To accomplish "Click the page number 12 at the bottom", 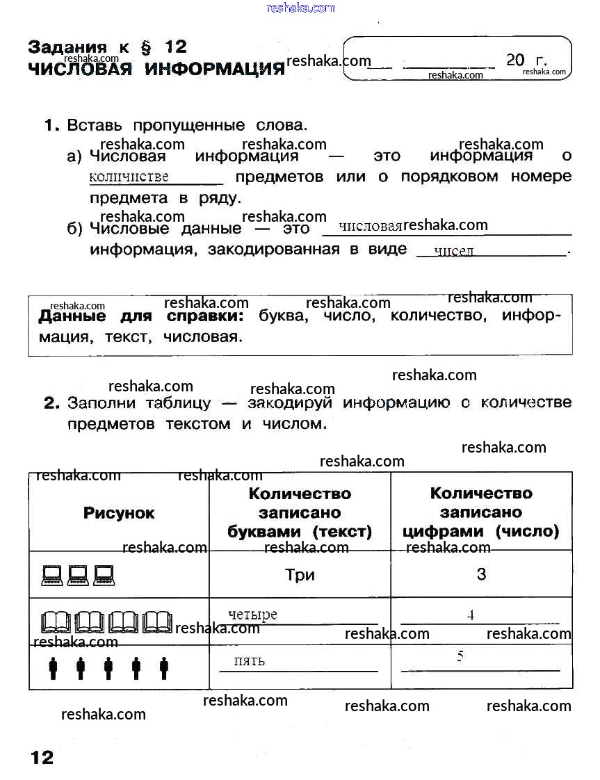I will (42, 757).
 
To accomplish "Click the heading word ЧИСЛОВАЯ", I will (80, 70).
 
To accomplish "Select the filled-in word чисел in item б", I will (453, 251).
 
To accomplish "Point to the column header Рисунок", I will (119, 513).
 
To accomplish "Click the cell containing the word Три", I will (300, 575).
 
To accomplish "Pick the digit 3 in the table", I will (481, 575).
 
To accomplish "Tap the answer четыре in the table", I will (252, 615).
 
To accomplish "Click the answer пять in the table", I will (249, 660).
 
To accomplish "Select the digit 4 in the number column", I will (471, 615).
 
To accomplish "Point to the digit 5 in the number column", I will (460, 656).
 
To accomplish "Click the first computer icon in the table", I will (53, 574).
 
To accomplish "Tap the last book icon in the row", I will (157, 621).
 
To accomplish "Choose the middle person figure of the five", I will (108, 669).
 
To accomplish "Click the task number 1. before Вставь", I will (52, 126).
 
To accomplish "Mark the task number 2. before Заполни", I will (51, 403).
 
